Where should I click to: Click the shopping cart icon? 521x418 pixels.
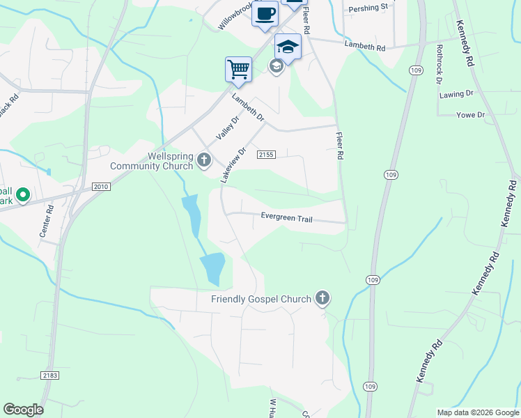coord(238,69)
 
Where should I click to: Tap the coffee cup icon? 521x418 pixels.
coord(265,14)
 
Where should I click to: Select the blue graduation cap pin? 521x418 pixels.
coord(288,47)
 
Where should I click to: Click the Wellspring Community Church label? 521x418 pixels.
coord(151,161)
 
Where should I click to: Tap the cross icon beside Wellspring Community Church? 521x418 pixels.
coord(204,161)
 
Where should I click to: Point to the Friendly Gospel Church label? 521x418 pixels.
coord(261,300)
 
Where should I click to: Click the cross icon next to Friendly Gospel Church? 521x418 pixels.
coord(322,299)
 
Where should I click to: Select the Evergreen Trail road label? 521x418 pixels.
coord(287,217)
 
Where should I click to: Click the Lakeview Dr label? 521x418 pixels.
coord(233,165)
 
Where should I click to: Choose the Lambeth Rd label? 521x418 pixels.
coord(365,46)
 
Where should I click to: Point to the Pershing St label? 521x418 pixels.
coord(368,8)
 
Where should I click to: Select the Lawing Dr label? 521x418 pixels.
coord(456,93)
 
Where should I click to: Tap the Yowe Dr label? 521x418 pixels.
coord(470,115)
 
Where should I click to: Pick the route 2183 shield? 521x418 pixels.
coord(49,376)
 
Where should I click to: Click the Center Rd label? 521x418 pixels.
coord(47,226)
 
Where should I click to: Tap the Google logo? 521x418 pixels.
coord(23,410)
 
